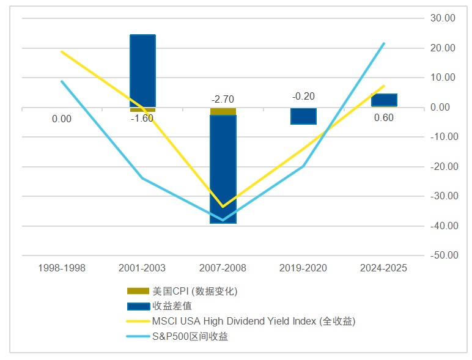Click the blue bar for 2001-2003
point(142,70)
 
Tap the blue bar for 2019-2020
point(303,116)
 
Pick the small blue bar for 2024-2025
point(384,100)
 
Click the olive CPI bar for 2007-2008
point(223,111)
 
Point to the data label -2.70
point(223,99)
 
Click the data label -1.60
point(142,119)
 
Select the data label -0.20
point(303,97)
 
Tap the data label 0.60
point(384,118)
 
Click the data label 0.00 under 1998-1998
point(62,119)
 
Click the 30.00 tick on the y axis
point(443,18)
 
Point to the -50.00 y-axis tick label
point(442,255)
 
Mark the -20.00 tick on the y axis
point(442,166)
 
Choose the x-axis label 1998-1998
point(62,268)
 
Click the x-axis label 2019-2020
point(303,268)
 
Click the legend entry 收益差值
point(172,306)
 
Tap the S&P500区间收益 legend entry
point(190,336)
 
